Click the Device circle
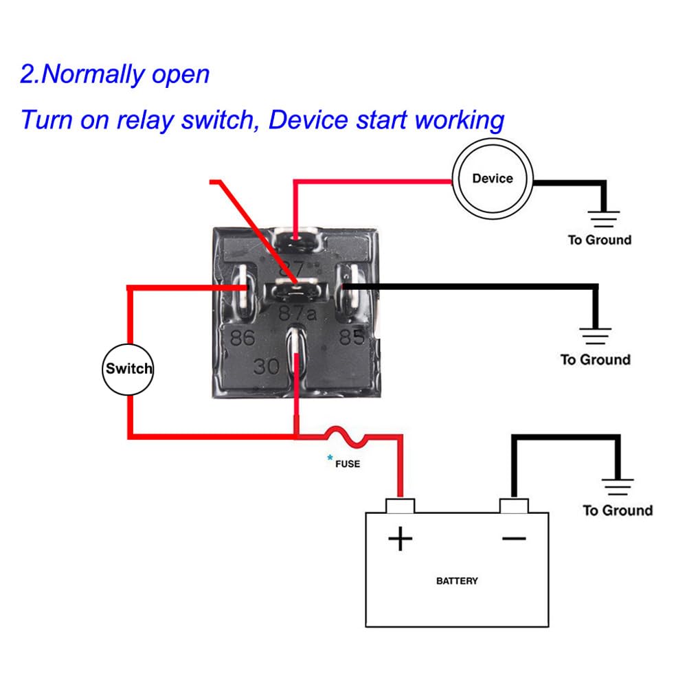[492, 179]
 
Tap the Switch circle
[128, 369]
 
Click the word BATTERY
[457, 581]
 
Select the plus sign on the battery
[400, 539]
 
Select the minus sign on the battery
[514, 538]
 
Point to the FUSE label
[348, 464]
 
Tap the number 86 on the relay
[243, 337]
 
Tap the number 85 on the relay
[351, 337]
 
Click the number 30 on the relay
[267, 366]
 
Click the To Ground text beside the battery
[618, 510]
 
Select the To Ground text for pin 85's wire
[595, 360]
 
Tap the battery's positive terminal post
[401, 506]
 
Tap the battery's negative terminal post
[514, 506]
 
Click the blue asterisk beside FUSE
[330, 458]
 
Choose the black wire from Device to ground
[570, 183]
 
